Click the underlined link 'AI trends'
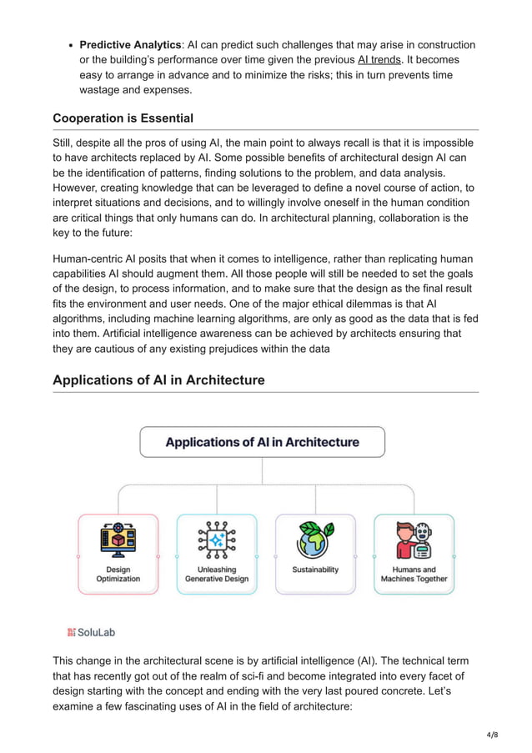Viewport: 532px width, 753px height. (x=379, y=60)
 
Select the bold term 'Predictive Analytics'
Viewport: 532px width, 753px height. (x=131, y=45)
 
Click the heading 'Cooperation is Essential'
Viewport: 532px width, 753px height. (x=123, y=118)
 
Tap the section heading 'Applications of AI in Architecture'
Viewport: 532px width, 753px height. (x=158, y=380)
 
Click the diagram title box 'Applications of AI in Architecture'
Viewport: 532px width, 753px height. (x=262, y=442)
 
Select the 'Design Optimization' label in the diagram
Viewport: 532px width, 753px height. (x=118, y=574)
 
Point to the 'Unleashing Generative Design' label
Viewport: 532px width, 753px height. (x=216, y=574)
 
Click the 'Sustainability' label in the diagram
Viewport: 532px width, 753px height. (x=315, y=570)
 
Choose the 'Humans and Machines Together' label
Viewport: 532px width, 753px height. (x=414, y=574)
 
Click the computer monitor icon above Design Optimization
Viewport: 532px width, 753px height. (x=118, y=540)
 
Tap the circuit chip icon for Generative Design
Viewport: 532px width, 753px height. (x=216, y=540)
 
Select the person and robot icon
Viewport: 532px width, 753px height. (x=414, y=540)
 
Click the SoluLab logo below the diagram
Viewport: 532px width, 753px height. (x=91, y=632)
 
